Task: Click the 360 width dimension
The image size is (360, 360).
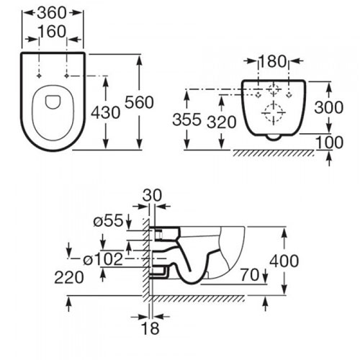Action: (x=52, y=13)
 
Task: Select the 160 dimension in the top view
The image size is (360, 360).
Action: (x=52, y=32)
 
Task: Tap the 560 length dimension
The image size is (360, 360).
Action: (x=139, y=102)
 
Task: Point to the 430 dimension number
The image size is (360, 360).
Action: (x=106, y=112)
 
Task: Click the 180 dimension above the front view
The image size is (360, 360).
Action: (x=273, y=61)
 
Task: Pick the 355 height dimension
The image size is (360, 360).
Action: (x=186, y=120)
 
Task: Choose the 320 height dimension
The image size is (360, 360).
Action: (x=222, y=122)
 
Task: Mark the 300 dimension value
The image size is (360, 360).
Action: (x=329, y=107)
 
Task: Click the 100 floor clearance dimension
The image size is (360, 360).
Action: (x=330, y=143)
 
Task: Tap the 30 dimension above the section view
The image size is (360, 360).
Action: (x=152, y=195)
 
